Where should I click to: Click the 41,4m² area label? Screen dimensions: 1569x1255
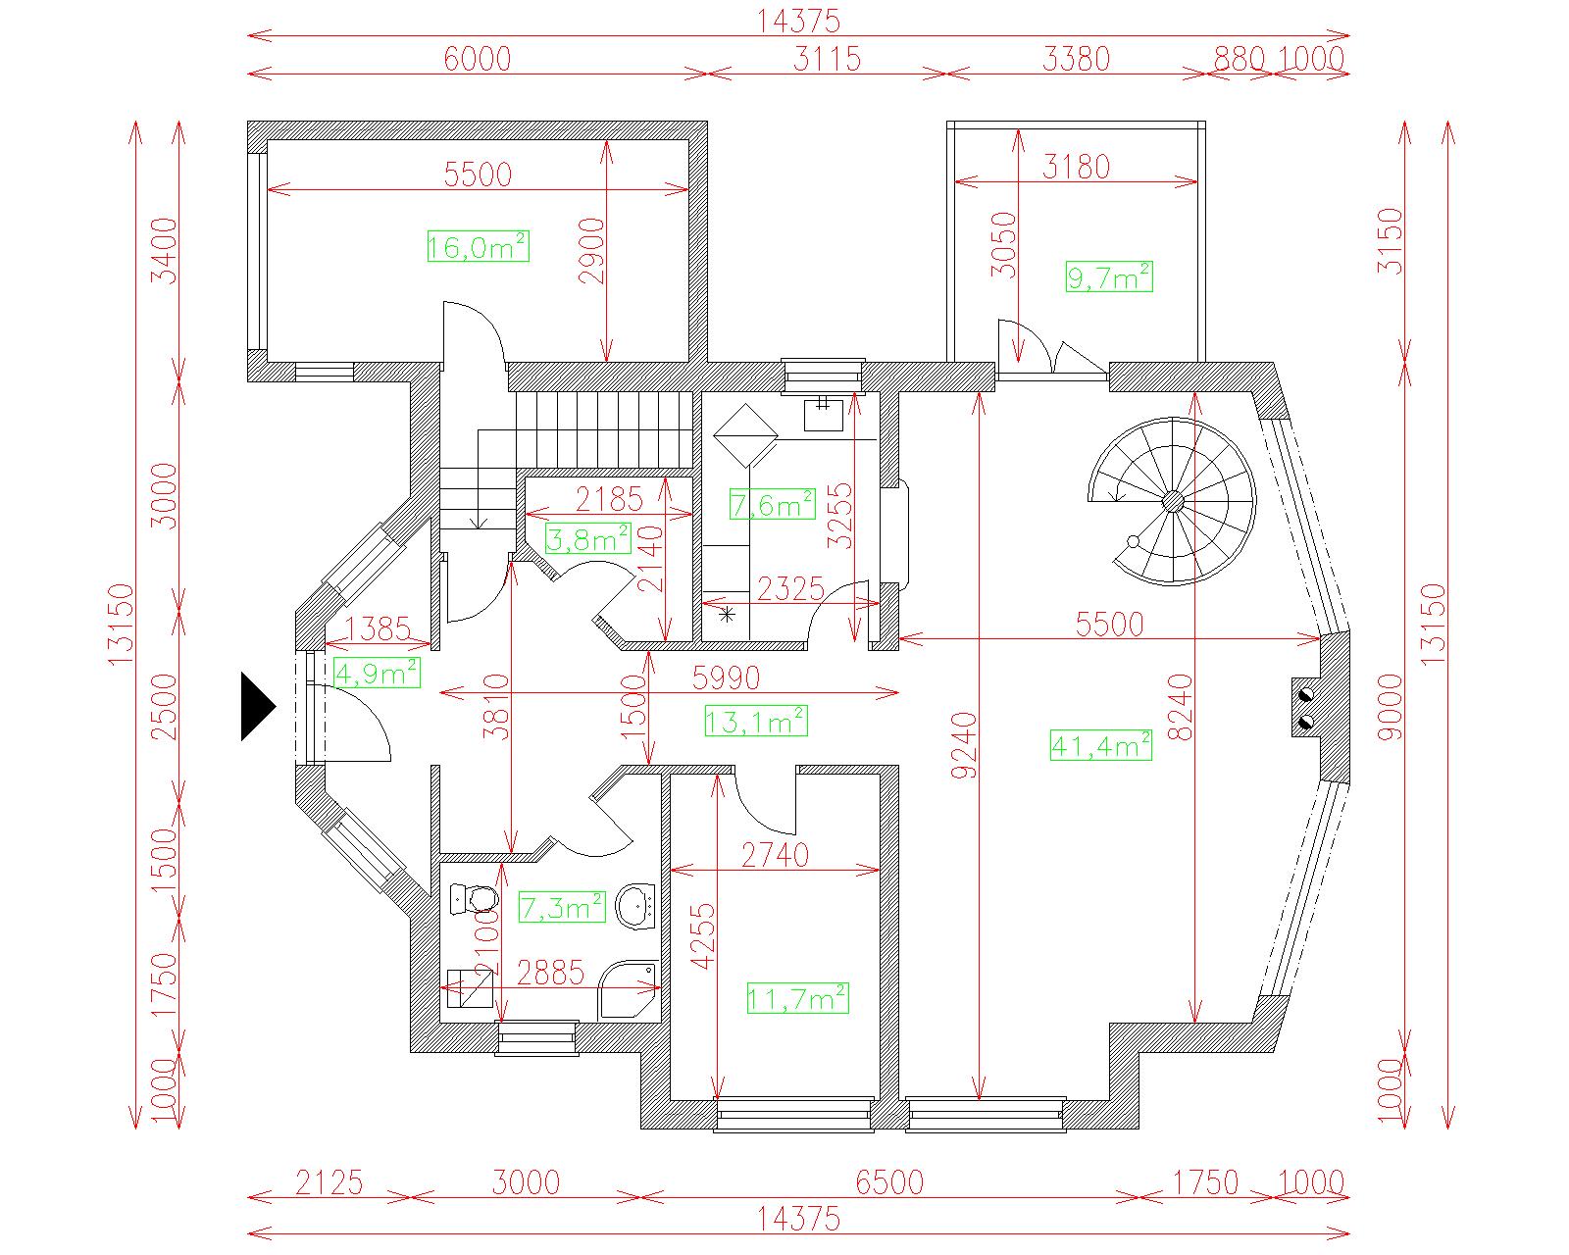click(x=1101, y=745)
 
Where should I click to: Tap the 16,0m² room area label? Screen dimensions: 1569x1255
click(x=479, y=246)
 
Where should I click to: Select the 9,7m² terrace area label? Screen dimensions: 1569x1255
click(x=1109, y=276)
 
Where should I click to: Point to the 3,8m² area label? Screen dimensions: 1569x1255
click(x=587, y=539)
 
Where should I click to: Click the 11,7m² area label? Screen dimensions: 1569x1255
click(x=797, y=998)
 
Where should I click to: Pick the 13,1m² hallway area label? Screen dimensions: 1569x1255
click(x=756, y=722)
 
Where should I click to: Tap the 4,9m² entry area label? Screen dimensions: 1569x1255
click(x=377, y=673)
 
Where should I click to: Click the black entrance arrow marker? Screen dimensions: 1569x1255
click(x=258, y=707)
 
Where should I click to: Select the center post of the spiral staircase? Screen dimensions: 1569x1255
click(x=1173, y=501)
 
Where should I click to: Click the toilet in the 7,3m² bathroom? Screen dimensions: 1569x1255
click(x=474, y=898)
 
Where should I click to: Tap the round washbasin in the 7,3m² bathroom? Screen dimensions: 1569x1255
click(x=635, y=906)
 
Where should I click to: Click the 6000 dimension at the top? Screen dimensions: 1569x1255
click(x=478, y=59)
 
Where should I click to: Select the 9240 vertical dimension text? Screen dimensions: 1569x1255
click(x=964, y=745)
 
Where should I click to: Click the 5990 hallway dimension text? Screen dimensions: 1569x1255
click(x=726, y=678)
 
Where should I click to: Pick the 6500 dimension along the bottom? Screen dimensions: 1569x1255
click(x=889, y=1182)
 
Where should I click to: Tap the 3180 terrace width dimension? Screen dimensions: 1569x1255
click(x=1076, y=167)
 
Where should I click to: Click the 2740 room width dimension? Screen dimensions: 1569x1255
click(x=775, y=855)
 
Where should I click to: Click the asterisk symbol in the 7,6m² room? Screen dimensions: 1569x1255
click(x=727, y=615)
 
